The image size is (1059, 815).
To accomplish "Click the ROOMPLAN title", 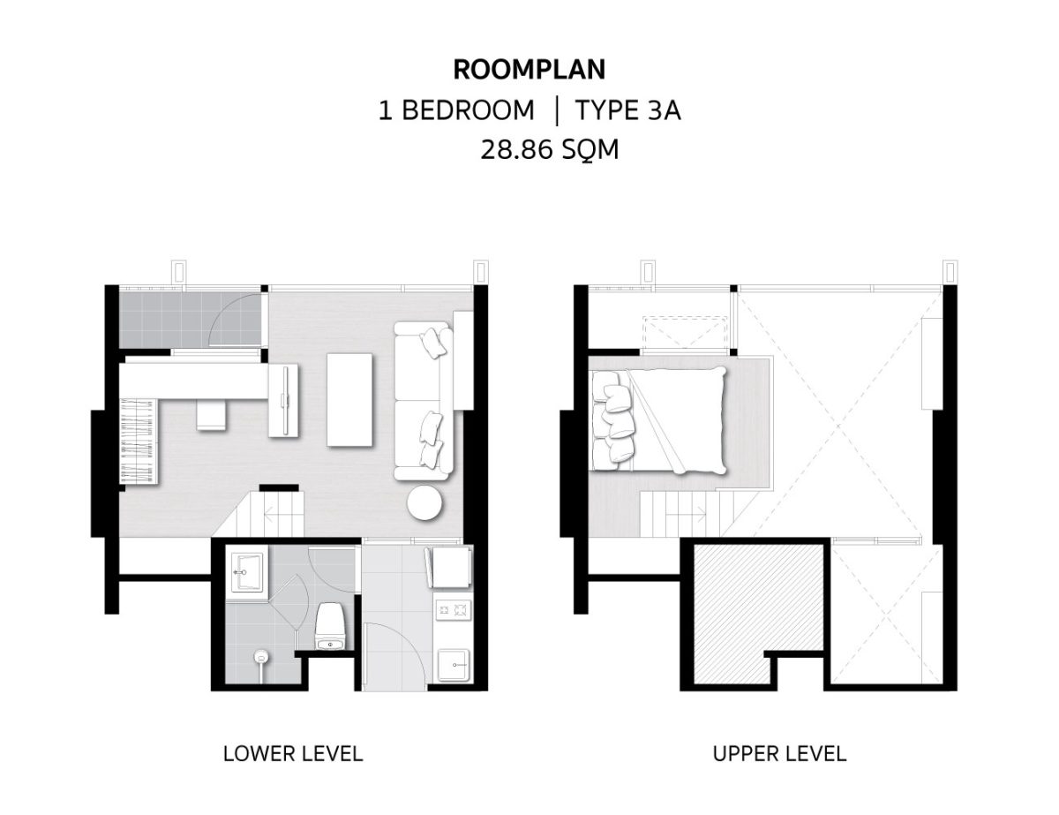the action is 529,69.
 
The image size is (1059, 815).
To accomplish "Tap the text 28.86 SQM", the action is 549,149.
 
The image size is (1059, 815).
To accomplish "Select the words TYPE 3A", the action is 628,109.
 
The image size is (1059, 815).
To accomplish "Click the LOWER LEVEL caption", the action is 293,753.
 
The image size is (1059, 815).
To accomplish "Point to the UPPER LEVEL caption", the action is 779,753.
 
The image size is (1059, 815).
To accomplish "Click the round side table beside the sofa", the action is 425,502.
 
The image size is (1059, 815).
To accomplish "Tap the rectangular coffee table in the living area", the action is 350,399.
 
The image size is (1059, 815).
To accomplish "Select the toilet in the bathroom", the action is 331,626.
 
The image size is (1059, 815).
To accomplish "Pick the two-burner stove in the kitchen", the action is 454,609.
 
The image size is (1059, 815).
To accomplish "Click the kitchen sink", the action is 454,664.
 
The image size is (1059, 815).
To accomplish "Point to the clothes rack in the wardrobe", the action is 139,440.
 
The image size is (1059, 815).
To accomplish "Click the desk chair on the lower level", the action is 212,415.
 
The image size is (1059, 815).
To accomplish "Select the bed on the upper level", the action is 658,420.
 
